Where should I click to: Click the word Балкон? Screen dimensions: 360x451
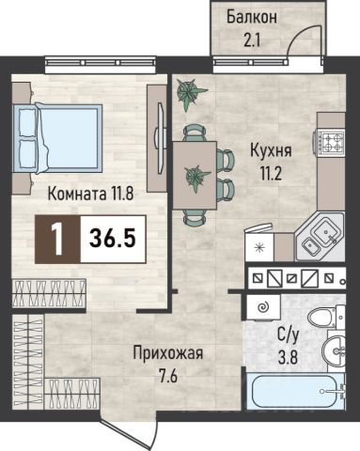point(252,18)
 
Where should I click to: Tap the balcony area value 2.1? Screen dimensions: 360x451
point(252,41)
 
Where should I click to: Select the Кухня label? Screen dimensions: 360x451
point(271,151)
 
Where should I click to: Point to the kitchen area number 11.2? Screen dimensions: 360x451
point(271,173)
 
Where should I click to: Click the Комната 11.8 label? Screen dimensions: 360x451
point(90,194)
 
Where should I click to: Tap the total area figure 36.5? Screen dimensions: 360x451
point(113,239)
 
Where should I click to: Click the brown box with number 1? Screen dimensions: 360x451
point(57,239)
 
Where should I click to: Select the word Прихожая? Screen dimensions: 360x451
point(168,353)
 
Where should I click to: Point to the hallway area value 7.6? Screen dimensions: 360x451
point(168,376)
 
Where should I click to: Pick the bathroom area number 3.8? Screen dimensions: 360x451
point(289,357)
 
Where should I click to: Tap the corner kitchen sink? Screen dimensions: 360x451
point(320,238)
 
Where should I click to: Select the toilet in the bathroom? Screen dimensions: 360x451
point(326,318)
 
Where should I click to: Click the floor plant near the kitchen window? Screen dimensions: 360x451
point(190,93)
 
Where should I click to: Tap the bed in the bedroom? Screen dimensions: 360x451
point(57,138)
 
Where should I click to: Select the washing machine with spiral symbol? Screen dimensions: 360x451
point(263,308)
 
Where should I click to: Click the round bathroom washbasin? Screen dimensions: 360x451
point(336,350)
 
